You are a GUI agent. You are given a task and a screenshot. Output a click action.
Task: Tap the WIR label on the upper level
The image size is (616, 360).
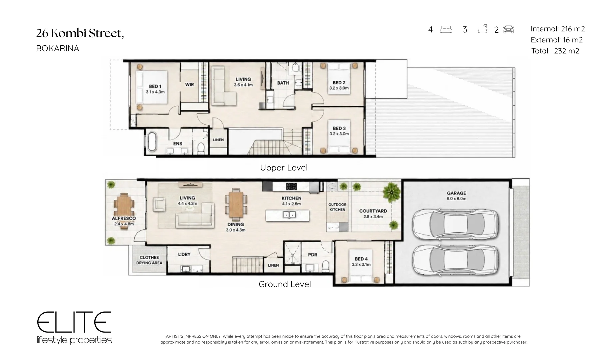pos(189,84)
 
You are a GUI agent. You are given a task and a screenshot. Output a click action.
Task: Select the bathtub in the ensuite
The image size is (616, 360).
pos(152,143)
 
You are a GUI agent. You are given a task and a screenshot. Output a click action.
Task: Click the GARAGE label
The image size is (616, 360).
pos(456,193)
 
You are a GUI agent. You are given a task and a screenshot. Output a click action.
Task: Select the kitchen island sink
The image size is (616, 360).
pos(289,215)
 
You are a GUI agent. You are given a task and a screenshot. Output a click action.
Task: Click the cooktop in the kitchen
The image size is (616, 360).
pos(291,186)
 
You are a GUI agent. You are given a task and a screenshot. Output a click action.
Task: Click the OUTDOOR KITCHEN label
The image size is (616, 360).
pos(337,207)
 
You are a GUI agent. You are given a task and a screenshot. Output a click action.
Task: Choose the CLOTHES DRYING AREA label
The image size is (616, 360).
pos(149,260)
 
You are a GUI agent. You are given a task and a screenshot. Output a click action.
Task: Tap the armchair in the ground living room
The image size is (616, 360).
pos(159,204)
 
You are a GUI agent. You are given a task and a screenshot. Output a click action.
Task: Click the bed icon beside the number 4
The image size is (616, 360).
pos(446,29)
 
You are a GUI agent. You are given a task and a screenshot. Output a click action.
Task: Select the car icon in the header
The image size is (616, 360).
pos(508,29)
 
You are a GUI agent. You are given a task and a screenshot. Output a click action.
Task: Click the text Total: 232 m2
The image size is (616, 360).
pos(555,51)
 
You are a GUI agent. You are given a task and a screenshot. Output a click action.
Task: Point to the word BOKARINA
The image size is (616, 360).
pos(58,49)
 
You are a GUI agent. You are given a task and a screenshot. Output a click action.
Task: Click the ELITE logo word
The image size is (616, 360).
pos(74,322)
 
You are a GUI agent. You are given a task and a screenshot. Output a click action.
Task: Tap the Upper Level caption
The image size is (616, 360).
pos(284,168)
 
